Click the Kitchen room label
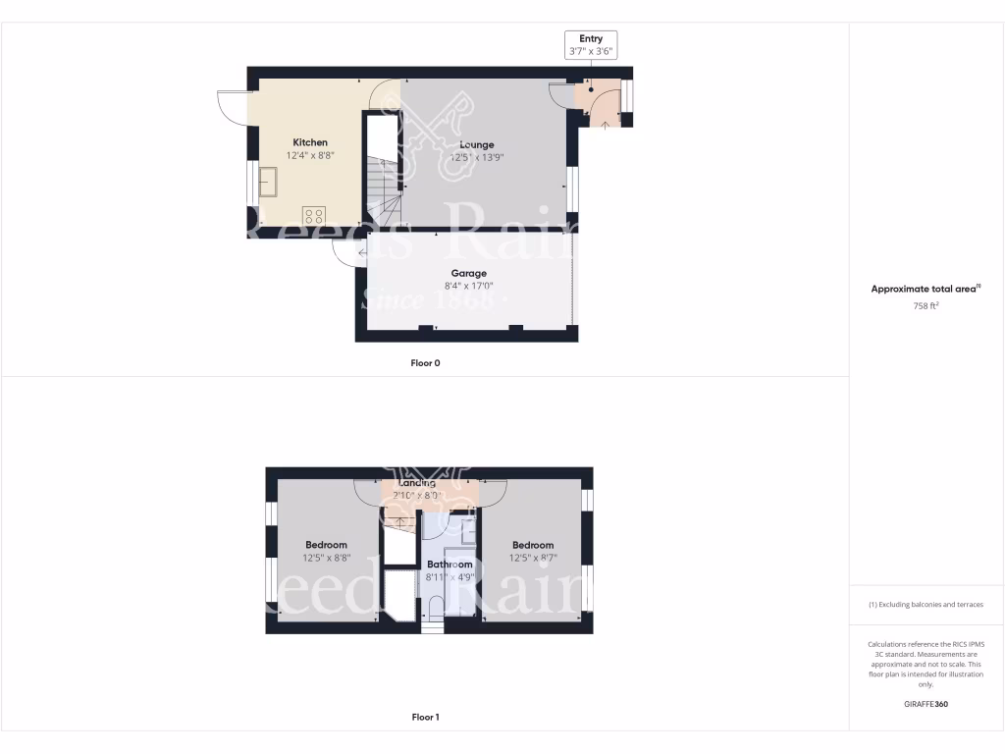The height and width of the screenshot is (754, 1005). [x=307, y=142]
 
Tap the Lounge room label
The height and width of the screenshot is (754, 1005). [x=477, y=144]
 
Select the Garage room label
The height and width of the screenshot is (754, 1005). [x=468, y=273]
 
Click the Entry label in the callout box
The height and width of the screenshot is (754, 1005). [x=591, y=38]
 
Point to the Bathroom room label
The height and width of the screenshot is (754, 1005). [x=450, y=565]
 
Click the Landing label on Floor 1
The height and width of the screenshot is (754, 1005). [x=417, y=483]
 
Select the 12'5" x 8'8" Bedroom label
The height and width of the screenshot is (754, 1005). [x=326, y=545]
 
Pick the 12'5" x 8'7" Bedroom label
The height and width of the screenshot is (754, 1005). [x=532, y=545]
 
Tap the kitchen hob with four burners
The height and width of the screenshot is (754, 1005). [x=314, y=215]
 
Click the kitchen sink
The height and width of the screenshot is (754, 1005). [x=268, y=182]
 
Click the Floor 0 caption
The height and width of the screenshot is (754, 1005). [x=425, y=363]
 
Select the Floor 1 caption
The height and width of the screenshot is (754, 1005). [x=425, y=718]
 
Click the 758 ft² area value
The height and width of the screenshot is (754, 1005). [x=926, y=306]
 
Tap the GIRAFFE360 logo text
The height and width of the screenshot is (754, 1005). [x=926, y=704]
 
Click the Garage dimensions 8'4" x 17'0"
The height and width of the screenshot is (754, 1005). [x=468, y=287]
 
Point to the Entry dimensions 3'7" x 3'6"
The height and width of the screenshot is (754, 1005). [x=591, y=51]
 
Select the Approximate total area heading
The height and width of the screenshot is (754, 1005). [x=926, y=289]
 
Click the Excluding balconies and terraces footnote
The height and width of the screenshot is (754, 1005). [x=926, y=605]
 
